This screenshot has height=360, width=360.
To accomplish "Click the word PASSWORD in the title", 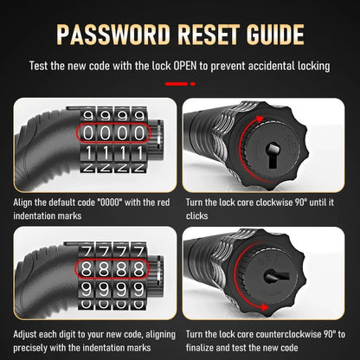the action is [x=113, y=35].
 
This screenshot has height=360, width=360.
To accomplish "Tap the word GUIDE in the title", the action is [x=275, y=35].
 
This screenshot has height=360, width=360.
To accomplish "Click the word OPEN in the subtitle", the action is [x=185, y=66].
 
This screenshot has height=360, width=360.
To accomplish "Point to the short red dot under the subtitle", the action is [x=193, y=84].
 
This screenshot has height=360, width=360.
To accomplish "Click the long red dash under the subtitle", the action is [x=177, y=84].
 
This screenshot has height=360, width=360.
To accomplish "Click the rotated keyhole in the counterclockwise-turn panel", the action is [x=276, y=276].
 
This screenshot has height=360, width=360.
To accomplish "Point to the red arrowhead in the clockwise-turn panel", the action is [x=260, y=119].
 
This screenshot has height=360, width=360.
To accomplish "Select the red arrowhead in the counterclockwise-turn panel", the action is [x=264, y=307].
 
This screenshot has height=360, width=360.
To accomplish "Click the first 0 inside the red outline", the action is [x=88, y=133].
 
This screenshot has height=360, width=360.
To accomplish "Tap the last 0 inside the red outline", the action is [x=139, y=133].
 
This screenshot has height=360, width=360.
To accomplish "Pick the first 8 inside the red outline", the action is [x=86, y=269].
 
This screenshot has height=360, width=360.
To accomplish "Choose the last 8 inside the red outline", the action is [x=138, y=269].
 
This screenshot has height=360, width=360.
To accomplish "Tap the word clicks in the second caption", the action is [x=196, y=215].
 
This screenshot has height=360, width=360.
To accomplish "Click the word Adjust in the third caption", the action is [x=25, y=335].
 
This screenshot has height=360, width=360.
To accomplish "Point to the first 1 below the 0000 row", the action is [x=89, y=153].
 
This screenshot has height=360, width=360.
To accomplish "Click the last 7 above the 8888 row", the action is [x=139, y=252].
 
